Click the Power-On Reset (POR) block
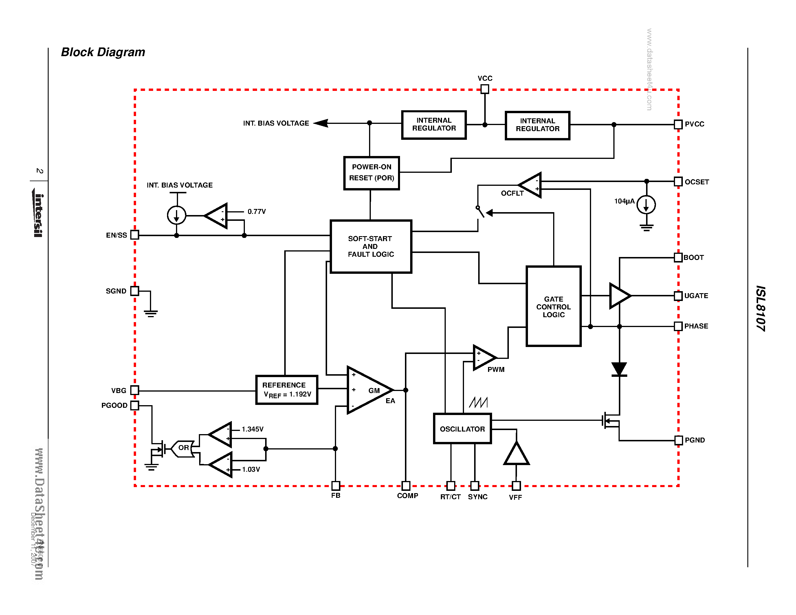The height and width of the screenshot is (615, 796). (x=371, y=173)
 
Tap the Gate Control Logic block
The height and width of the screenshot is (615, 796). (x=553, y=306)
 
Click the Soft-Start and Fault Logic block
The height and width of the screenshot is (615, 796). (x=371, y=246)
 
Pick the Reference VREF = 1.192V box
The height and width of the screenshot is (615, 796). (x=287, y=390)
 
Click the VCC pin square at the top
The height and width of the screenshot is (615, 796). (x=484, y=89)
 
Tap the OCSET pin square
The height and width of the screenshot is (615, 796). (x=678, y=181)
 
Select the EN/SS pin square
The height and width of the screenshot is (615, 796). (x=135, y=235)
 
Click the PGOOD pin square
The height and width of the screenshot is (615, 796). (x=135, y=405)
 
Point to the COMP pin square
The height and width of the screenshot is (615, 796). (x=406, y=485)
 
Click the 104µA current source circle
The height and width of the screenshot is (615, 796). (x=646, y=204)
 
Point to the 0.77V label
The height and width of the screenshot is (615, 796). (x=256, y=211)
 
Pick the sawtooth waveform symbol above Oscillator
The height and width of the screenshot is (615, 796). (x=478, y=402)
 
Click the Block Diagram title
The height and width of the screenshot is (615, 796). (x=103, y=52)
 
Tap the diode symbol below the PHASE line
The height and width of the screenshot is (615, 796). (x=619, y=369)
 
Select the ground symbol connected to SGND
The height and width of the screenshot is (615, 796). (x=151, y=313)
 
